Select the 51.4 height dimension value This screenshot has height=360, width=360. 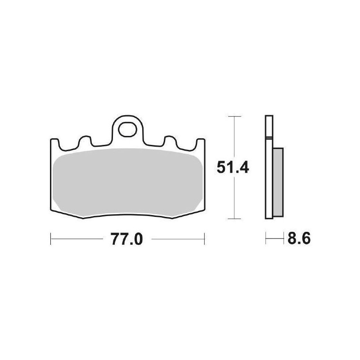(x=232, y=168)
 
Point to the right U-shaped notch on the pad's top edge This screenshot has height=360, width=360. (x=170, y=141)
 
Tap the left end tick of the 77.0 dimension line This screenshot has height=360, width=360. (x=50, y=239)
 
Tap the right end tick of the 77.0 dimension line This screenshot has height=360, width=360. (x=205, y=239)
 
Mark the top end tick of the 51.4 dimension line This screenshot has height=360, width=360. (x=232, y=116)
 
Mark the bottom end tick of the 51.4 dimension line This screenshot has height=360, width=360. (x=232, y=219)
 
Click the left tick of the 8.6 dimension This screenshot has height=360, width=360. (x=266, y=238)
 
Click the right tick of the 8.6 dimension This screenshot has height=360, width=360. (x=283, y=238)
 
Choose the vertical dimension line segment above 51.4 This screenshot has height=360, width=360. (x=232, y=135)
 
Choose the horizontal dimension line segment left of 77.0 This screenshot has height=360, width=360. (x=76, y=239)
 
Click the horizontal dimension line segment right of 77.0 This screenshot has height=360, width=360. (x=178, y=239)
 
